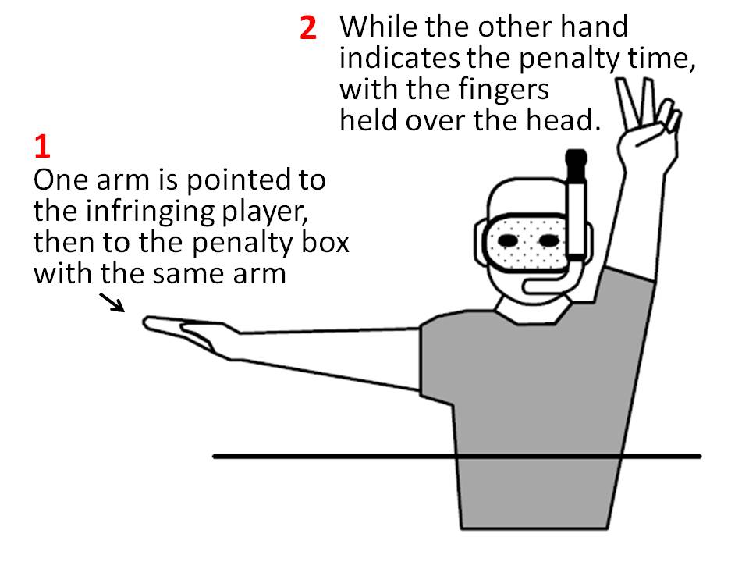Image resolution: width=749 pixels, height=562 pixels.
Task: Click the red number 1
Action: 42,146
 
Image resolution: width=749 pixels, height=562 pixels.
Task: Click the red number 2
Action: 308,27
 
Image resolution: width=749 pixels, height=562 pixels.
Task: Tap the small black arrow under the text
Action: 112,303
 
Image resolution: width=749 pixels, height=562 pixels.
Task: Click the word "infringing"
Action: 150,212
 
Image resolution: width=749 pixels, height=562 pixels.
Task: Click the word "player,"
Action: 263,212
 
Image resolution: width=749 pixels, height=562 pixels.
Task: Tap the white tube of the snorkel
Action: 576,220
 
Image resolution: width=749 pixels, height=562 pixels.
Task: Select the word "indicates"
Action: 399,59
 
